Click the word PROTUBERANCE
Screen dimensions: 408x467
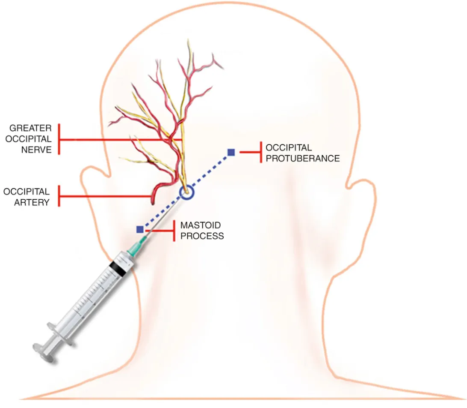click(x=302, y=159)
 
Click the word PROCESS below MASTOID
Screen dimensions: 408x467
click(x=202, y=236)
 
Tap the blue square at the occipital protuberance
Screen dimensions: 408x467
click(x=231, y=152)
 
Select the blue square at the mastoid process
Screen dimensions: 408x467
click(x=139, y=229)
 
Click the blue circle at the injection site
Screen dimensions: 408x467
click(x=186, y=193)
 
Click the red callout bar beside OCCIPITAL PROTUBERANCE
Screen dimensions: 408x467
click(x=260, y=152)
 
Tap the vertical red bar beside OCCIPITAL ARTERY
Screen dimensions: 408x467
click(x=59, y=196)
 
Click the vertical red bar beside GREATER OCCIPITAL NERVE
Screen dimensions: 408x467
click(x=59, y=139)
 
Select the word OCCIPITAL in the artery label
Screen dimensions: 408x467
click(x=27, y=191)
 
